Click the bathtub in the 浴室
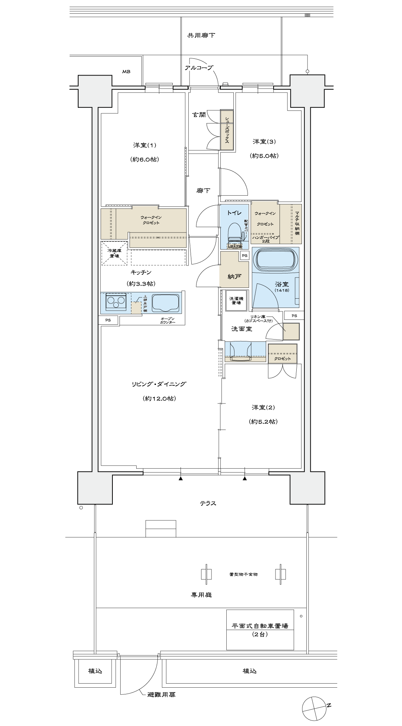coord(276,260)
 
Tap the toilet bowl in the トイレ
coord(234,232)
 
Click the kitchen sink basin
coord(164,302)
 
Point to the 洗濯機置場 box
coord(235,300)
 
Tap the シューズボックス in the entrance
coord(227,130)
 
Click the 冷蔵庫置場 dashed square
coord(114,253)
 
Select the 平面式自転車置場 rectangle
coord(260,630)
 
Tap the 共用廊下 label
coord(201,36)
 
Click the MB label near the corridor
coord(126,71)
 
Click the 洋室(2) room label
coord(263,408)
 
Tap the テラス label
coord(208,503)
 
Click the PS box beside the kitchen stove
coord(108,320)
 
